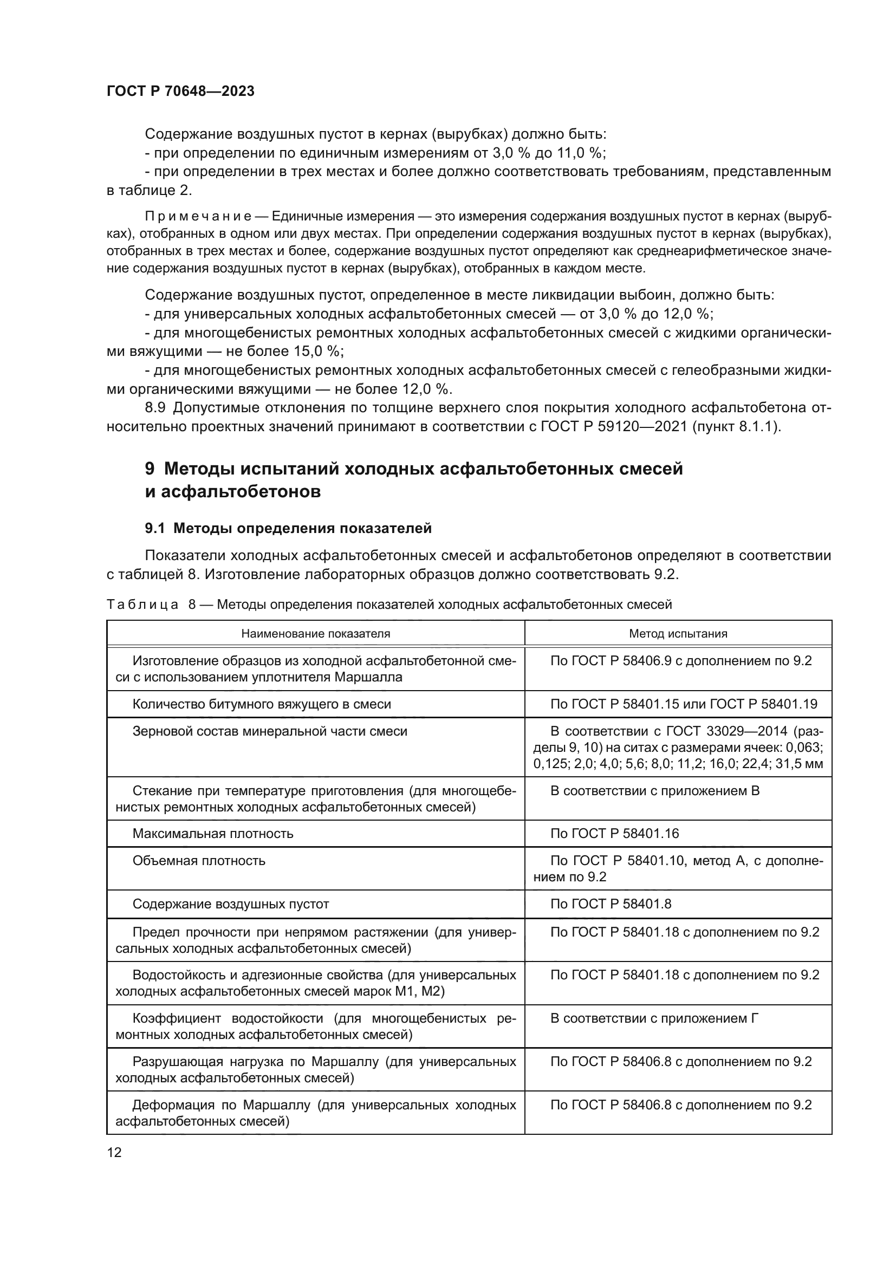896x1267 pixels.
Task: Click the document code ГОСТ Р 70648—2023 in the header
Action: (x=180, y=91)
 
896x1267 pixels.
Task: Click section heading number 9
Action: (x=150, y=469)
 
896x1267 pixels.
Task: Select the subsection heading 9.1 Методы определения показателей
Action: (x=288, y=528)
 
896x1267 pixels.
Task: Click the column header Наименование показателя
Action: (x=316, y=634)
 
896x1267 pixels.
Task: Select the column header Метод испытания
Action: (x=678, y=634)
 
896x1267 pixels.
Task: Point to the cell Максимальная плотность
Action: (x=213, y=833)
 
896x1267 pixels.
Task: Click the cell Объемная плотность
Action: (x=199, y=860)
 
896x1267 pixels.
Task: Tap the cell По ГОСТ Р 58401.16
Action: (x=615, y=833)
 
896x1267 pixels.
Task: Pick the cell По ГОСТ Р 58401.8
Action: (x=611, y=904)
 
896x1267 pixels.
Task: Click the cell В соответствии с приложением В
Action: (x=655, y=791)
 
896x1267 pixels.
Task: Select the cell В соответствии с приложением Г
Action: (x=654, y=1018)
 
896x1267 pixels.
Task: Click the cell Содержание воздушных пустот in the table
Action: (x=231, y=904)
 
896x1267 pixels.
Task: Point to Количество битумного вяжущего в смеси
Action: (x=262, y=704)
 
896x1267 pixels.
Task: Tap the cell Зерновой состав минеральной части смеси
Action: (x=270, y=731)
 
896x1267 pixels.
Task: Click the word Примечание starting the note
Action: (x=198, y=216)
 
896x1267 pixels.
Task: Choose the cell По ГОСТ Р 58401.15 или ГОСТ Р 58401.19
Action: (x=684, y=704)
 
